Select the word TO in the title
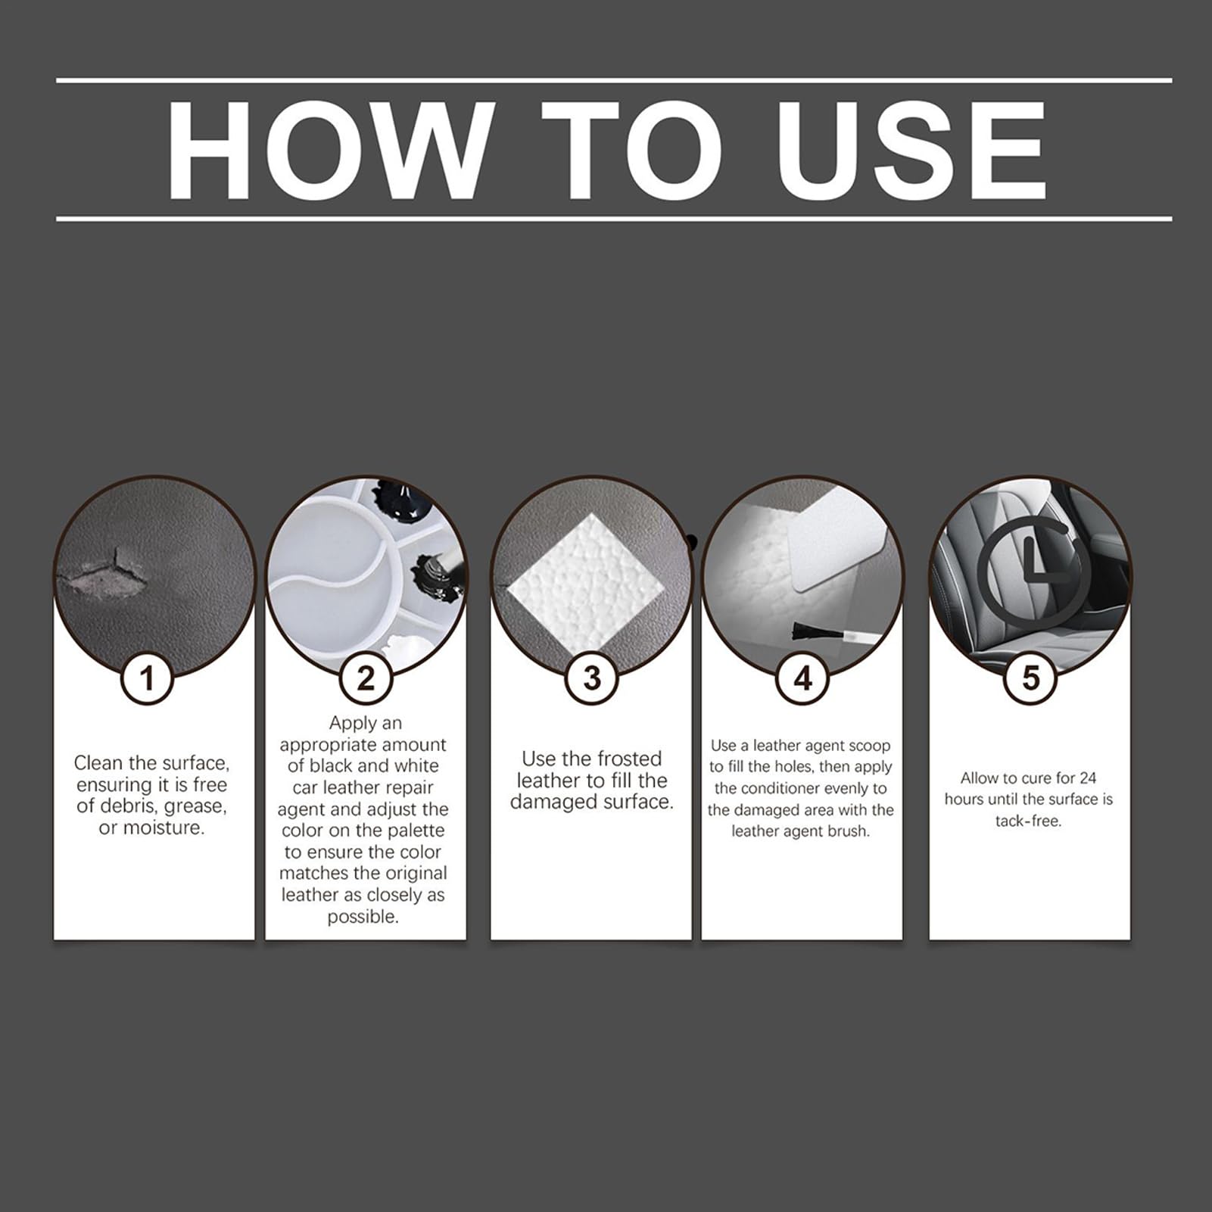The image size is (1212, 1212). (x=631, y=150)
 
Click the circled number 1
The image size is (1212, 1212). (x=147, y=678)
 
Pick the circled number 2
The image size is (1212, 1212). (x=366, y=678)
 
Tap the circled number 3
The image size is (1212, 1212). (x=592, y=678)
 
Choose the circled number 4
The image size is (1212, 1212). (x=802, y=678)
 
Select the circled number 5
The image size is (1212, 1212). (x=1030, y=678)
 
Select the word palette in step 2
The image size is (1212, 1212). (x=416, y=830)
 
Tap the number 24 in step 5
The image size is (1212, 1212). (x=1087, y=777)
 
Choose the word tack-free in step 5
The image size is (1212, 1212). (x=1028, y=821)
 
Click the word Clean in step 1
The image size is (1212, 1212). (x=98, y=762)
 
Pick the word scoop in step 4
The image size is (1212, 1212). (x=870, y=746)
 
